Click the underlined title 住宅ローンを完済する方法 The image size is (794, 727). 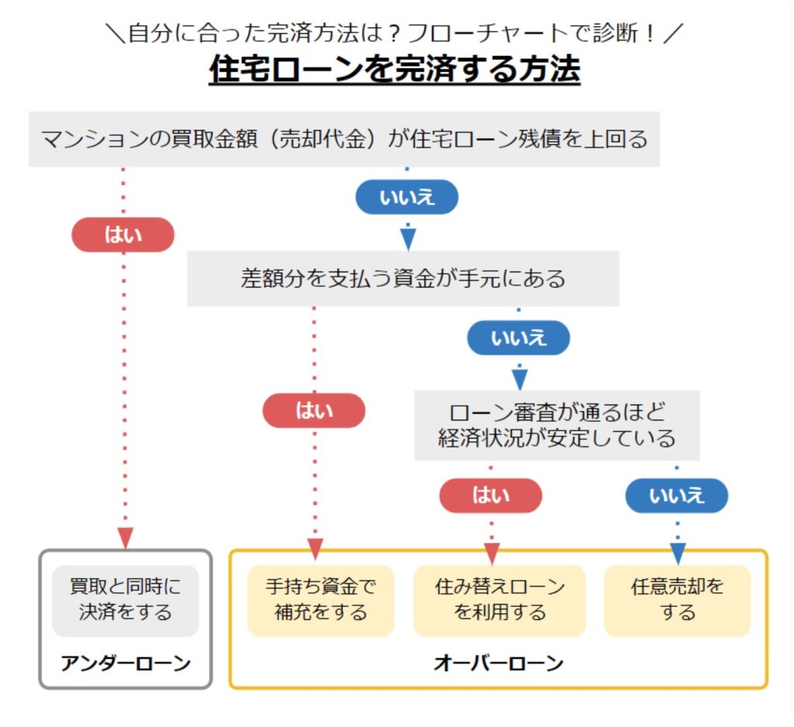[x=395, y=69]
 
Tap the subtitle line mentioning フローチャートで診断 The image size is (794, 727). [x=395, y=33]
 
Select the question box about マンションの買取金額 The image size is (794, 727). [x=344, y=140]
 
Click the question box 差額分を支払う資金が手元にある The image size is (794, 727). [x=403, y=278]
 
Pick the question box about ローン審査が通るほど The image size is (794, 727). [x=557, y=426]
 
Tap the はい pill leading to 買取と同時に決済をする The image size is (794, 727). [x=123, y=235]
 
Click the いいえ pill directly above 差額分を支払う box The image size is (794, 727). [x=407, y=197]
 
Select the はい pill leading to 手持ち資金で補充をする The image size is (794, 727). [x=314, y=411]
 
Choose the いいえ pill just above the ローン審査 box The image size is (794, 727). [x=519, y=338]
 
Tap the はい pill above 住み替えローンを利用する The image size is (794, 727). [x=491, y=495]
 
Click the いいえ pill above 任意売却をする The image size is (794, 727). [x=677, y=495]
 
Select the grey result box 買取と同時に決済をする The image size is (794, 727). [x=126, y=601]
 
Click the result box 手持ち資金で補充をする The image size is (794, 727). [x=321, y=601]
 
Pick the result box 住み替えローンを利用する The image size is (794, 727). [x=500, y=601]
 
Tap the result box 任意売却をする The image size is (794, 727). [x=678, y=601]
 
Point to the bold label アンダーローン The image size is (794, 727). [x=126, y=663]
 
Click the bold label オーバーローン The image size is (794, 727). [x=499, y=663]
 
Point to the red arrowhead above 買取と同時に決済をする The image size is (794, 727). [x=126, y=538]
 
